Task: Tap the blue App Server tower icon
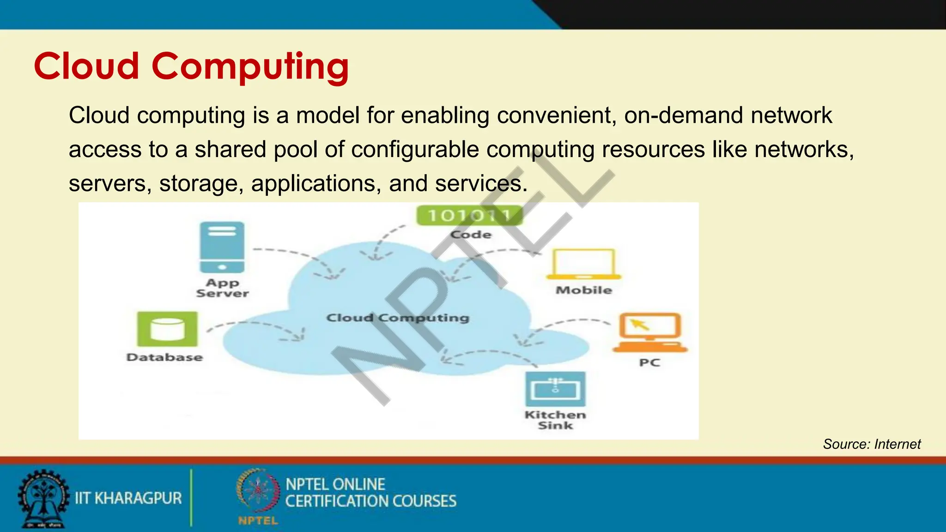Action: (222, 248)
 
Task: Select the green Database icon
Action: (167, 329)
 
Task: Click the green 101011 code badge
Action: (470, 215)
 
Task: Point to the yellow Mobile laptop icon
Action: (584, 264)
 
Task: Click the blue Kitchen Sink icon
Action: (555, 389)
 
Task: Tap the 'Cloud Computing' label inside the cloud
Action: (398, 318)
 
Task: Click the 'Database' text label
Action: (164, 357)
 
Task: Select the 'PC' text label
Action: (649, 363)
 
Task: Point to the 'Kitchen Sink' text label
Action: (555, 420)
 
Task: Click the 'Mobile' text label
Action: (584, 290)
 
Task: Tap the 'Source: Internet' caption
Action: (872, 444)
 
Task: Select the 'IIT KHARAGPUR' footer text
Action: (128, 498)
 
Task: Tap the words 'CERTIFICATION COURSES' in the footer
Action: (370, 501)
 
